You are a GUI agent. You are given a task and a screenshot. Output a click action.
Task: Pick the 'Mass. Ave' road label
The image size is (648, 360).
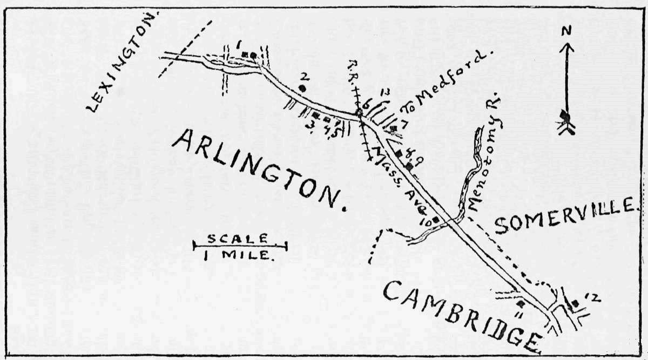point(399,178)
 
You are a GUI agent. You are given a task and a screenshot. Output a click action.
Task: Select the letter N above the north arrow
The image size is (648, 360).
point(565,32)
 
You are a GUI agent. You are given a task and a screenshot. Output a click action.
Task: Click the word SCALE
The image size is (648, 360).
point(238,237)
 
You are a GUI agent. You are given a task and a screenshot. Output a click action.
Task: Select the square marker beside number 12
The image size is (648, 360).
point(575,304)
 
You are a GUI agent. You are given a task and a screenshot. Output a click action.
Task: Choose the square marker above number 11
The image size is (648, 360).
point(521,304)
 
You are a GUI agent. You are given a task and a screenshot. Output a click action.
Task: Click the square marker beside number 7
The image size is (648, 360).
point(394,128)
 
